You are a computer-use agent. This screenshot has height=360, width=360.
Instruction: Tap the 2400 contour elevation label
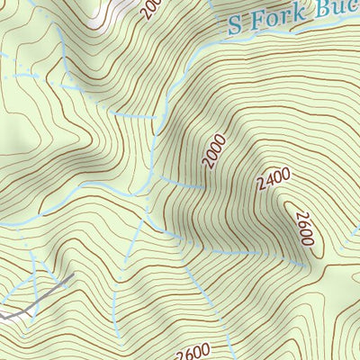coord(273,181)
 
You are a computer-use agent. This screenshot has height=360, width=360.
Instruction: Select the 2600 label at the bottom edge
coord(186,352)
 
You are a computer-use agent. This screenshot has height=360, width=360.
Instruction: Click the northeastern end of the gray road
coord(71,275)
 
